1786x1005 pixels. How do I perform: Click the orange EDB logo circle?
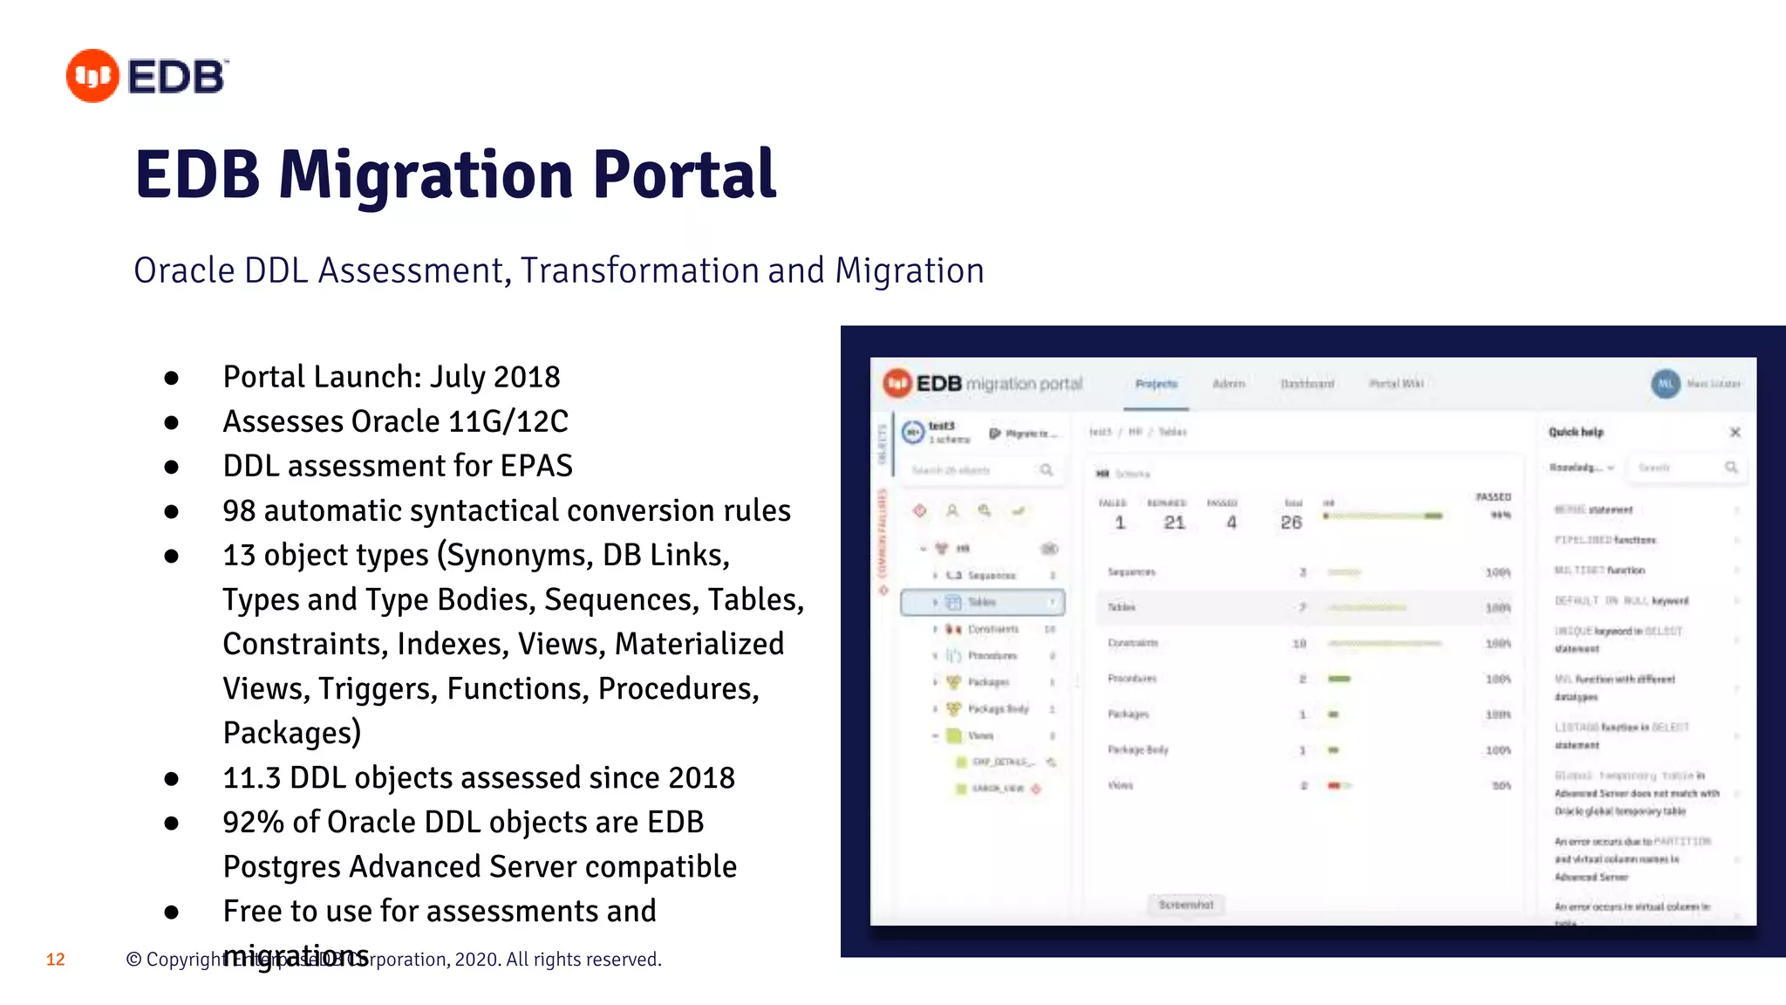[x=92, y=76]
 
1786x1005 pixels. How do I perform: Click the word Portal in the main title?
[x=685, y=175]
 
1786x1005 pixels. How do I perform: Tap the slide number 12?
[x=56, y=960]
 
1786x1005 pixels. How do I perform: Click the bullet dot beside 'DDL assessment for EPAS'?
[x=172, y=467]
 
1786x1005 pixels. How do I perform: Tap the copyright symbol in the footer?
[x=133, y=960]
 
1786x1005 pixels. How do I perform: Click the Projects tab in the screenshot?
[x=1156, y=384]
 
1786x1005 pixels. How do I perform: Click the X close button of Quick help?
[x=1735, y=433]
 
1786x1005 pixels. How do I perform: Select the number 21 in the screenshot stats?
[x=1174, y=523]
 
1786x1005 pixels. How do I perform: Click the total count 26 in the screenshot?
[x=1291, y=523]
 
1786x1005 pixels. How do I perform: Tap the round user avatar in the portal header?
[x=1665, y=384]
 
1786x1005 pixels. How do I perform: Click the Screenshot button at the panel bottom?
[x=1186, y=905]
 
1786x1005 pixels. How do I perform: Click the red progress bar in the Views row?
[x=1334, y=785]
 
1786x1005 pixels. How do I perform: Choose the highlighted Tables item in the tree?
[x=982, y=602]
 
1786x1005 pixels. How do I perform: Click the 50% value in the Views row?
[x=1500, y=786]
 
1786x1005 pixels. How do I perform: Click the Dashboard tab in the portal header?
[x=1306, y=384]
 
